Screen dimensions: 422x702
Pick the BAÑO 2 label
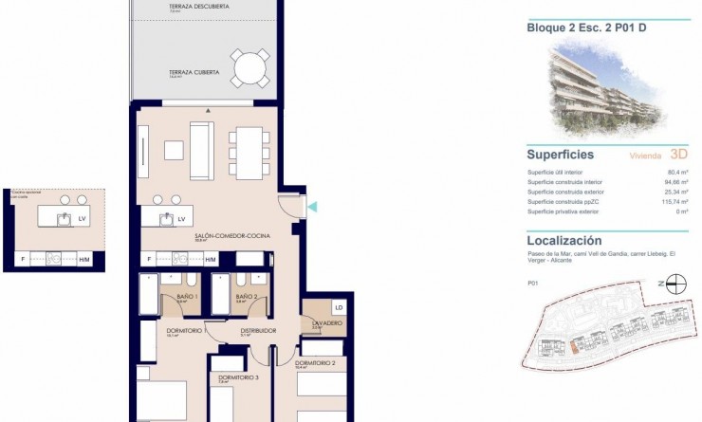(246, 297)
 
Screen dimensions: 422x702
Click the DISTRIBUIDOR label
(258, 330)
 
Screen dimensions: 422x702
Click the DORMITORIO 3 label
(238, 377)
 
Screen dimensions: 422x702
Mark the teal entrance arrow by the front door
(314, 207)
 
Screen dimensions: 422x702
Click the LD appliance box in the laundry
(339, 308)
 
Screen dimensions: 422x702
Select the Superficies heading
(560, 154)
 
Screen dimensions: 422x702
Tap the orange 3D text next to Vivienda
(678, 154)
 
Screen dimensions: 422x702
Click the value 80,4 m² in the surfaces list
(675, 173)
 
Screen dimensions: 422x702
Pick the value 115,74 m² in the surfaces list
(673, 201)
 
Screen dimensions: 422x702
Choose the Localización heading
(564, 241)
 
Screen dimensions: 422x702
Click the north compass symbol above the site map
(675, 282)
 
